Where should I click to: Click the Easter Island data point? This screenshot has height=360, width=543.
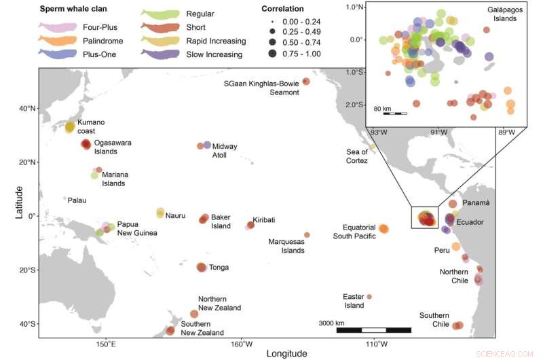pos(369,297)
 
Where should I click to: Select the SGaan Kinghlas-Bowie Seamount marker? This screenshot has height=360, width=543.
pos(306,82)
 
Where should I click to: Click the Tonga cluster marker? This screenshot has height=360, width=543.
pos(202,268)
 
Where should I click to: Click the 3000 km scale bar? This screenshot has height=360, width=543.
pos(374,330)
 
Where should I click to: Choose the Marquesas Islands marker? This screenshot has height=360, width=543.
pos(307,235)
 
